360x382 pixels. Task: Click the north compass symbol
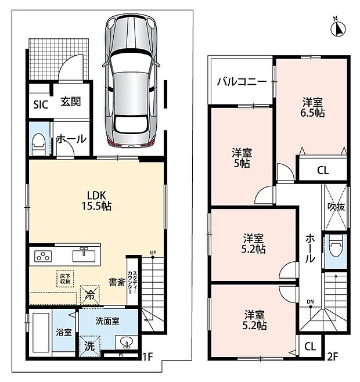coord(338,28)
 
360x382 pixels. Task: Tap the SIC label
coord(41,104)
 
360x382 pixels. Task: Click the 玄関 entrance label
coord(71,102)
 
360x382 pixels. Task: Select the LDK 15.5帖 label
coord(96,201)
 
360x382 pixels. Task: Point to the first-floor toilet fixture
coord(39,144)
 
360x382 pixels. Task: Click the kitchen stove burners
coord(43,256)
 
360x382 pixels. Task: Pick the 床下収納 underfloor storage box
coord(65,279)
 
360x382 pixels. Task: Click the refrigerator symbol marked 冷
coord(89,295)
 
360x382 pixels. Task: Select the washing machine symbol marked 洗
coord(89,346)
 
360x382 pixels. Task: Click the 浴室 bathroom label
coord(64,332)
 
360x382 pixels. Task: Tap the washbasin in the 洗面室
coord(127,343)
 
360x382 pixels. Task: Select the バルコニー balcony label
coord(242,81)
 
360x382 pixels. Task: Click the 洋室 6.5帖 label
coord(312,107)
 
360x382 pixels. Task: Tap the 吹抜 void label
coord(336,207)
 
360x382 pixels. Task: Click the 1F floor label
coord(147,357)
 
